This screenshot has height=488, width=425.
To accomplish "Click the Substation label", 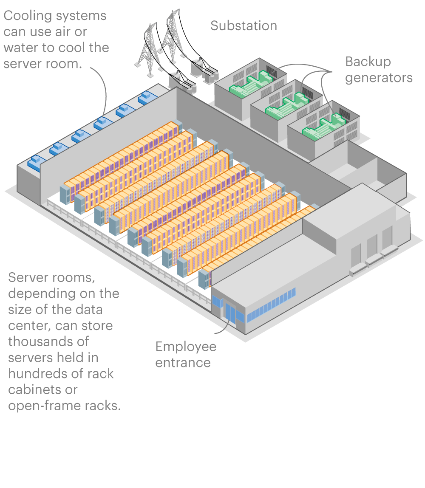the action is [244, 26].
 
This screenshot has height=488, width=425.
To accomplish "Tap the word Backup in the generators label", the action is [368, 62].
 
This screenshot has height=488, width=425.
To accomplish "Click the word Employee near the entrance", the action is [186, 347].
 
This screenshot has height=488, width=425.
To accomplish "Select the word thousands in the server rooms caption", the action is [48, 341].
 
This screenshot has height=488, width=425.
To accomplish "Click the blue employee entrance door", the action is [230, 313].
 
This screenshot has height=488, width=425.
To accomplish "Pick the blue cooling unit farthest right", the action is [147, 97].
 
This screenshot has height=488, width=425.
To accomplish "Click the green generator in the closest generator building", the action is [324, 127].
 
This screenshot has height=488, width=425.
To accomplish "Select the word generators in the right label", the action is [379, 78].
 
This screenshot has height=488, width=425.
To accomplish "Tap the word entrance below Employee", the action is [183, 363].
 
